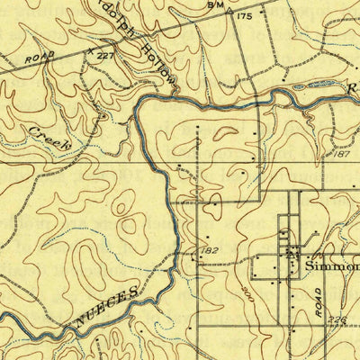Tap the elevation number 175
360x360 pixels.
[243, 15]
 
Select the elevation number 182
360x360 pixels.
[211, 249]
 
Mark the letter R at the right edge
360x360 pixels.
[354, 88]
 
